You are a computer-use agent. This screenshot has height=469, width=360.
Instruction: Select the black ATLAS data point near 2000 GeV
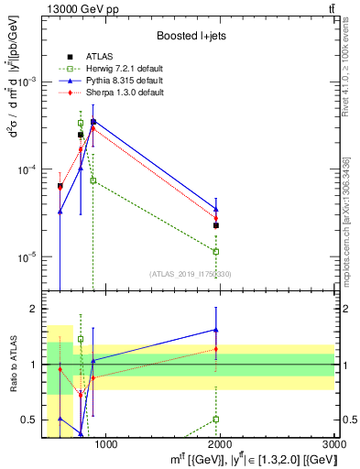coord(216,224)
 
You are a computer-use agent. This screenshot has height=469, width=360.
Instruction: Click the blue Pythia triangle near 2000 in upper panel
coord(216,210)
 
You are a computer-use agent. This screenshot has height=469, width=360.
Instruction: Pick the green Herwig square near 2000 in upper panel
coord(216,251)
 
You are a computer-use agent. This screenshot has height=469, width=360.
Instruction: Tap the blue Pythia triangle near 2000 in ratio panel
coord(216,330)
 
